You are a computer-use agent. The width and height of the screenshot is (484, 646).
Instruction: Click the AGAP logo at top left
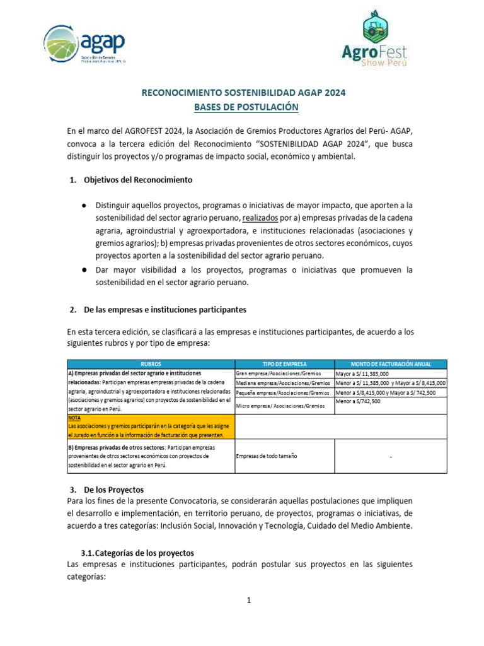tap(84, 45)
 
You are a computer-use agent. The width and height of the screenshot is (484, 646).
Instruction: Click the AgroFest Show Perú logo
tap(376, 39)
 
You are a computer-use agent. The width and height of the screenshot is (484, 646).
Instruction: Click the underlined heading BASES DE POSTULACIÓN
tap(243, 107)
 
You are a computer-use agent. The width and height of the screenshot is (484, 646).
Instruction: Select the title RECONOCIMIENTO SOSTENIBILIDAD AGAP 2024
tap(243, 93)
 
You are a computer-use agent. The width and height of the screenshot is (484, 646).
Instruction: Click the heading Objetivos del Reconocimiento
tap(137, 180)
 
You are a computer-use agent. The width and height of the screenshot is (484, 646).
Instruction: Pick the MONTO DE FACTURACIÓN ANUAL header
tap(391, 364)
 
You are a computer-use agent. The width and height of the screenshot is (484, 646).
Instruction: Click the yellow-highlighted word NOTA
tap(75, 418)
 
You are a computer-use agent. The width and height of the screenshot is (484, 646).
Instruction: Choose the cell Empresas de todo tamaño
tap(266, 455)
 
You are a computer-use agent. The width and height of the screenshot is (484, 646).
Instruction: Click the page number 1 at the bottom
tap(249, 601)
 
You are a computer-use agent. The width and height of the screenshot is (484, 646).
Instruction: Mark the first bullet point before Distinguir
tap(84, 206)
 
